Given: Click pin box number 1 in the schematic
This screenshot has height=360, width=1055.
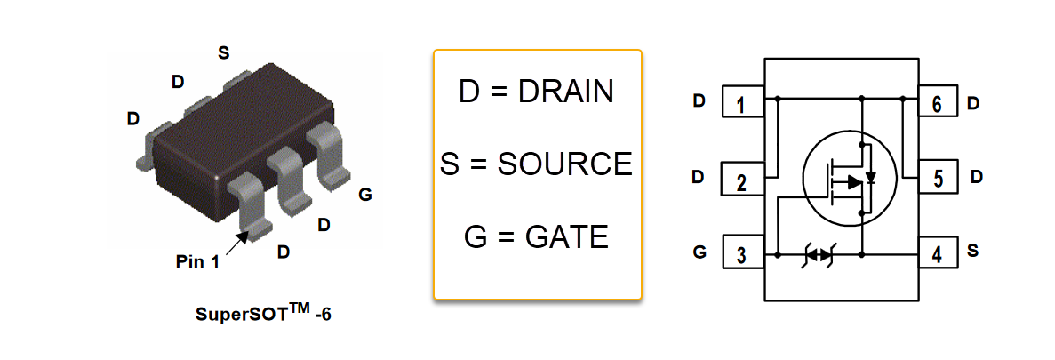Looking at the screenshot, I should (742, 103).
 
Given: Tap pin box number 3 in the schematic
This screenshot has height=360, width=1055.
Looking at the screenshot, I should (742, 254).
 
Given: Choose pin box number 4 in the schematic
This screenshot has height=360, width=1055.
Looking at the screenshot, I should (937, 254).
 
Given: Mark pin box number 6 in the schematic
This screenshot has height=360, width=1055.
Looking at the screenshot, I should (937, 103).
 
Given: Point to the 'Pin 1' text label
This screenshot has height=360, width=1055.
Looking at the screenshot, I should (196, 262).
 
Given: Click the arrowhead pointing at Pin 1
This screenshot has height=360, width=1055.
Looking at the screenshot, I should (242, 236).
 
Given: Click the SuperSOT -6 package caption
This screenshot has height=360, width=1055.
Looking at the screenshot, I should (256, 314).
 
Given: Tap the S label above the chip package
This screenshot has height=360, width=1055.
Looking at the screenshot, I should (223, 52).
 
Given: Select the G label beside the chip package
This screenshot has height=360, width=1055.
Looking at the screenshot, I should (365, 195).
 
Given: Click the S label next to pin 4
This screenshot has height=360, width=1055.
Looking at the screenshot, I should (973, 252).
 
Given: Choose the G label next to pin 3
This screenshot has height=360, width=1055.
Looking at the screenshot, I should (699, 252).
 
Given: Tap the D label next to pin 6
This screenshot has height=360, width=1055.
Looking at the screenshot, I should (973, 102).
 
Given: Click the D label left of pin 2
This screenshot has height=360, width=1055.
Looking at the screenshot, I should (699, 178).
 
